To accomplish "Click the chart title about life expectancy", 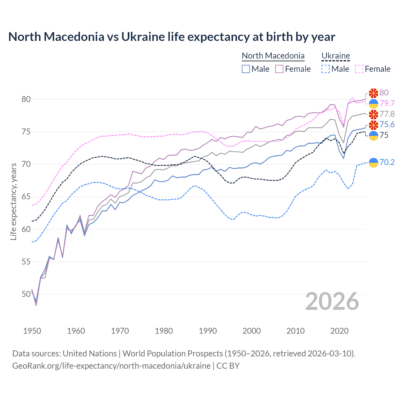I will tap(172, 37).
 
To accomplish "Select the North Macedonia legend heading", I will tap(273, 56).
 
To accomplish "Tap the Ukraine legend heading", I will tap(336, 56).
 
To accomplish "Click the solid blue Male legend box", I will tap(246, 69).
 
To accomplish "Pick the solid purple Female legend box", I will tap(279, 69).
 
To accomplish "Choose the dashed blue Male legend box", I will tap(326, 69).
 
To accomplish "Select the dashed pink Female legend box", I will tap(359, 69).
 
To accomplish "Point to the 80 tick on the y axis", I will tap(26, 99).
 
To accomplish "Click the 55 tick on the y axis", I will tap(26, 262).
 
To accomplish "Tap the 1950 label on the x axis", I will tap(32, 331).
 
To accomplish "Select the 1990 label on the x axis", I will tap(208, 331).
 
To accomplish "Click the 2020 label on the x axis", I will tap(339, 331).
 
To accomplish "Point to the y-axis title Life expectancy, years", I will tap(14, 201).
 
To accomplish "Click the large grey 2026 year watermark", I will tap(332, 301).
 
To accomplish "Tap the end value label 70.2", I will tap(387, 162).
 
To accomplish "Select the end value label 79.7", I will tap(387, 103).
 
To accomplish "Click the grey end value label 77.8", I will tap(387, 114).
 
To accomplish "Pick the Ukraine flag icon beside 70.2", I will tap(373, 162).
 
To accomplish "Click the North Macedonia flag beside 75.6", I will tap(373, 125).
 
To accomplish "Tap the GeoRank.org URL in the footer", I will tap(111, 366).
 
